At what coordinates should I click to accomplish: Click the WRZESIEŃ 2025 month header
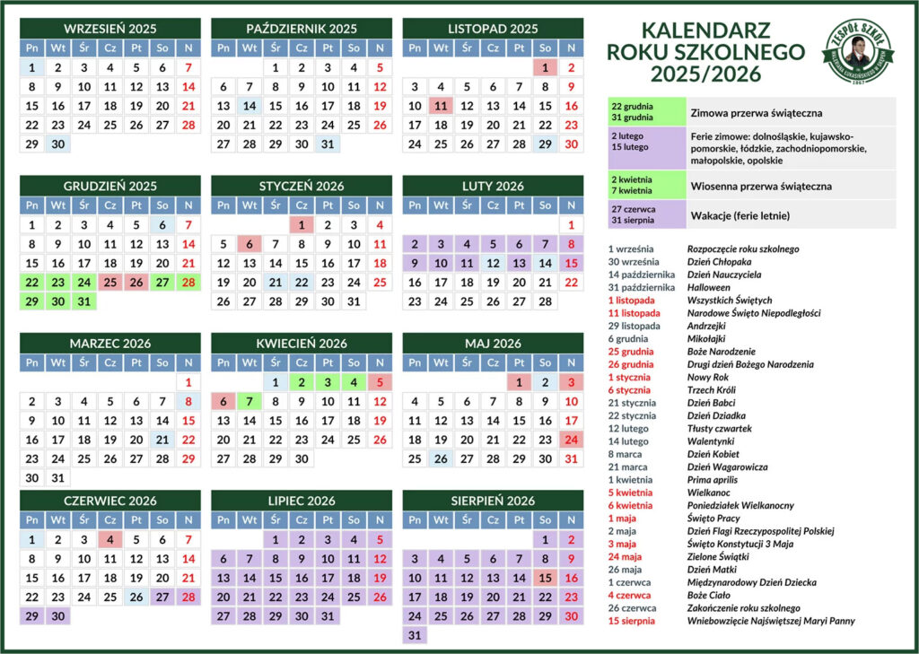click(109, 29)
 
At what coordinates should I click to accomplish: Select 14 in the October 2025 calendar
click(249, 105)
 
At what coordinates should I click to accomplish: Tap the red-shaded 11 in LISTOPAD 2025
click(441, 105)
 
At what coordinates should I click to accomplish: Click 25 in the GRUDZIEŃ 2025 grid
click(109, 282)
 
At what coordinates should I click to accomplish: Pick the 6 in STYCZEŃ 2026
click(249, 243)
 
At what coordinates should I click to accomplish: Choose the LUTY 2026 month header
click(493, 186)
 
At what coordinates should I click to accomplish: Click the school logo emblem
click(860, 49)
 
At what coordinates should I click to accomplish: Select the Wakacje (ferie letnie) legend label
click(740, 216)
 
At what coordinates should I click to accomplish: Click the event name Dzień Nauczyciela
click(723, 275)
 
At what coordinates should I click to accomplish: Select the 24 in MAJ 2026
click(571, 440)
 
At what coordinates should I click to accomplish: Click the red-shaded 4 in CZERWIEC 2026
click(109, 539)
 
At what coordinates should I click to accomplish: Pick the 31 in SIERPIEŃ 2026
click(415, 635)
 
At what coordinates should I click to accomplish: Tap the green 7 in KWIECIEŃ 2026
click(249, 401)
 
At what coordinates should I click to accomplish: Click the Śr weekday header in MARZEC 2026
click(83, 362)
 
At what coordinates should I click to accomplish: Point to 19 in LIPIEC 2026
click(380, 578)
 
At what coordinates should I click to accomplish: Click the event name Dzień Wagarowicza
click(727, 467)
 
